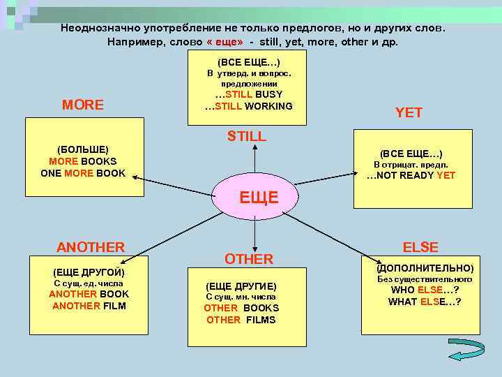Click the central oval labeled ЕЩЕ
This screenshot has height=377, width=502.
259,198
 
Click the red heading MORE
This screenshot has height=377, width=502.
83,105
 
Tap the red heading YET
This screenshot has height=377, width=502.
409,112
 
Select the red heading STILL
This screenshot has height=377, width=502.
247,136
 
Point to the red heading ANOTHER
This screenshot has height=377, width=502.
91,247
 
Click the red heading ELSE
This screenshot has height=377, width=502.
420,247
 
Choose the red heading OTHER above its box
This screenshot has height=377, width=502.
249,259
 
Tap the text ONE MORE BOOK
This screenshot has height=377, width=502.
84,173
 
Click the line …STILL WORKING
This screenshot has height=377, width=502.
249,106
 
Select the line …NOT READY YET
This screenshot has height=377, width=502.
411,175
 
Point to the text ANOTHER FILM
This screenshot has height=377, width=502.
89,305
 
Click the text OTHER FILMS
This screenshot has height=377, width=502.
241,320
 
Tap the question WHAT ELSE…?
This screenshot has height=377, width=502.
425,302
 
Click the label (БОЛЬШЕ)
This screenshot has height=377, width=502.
83,149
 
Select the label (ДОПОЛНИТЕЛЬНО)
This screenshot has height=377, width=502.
425,268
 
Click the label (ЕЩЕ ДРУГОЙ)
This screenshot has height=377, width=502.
89,271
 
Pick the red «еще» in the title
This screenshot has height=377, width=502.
225,42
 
